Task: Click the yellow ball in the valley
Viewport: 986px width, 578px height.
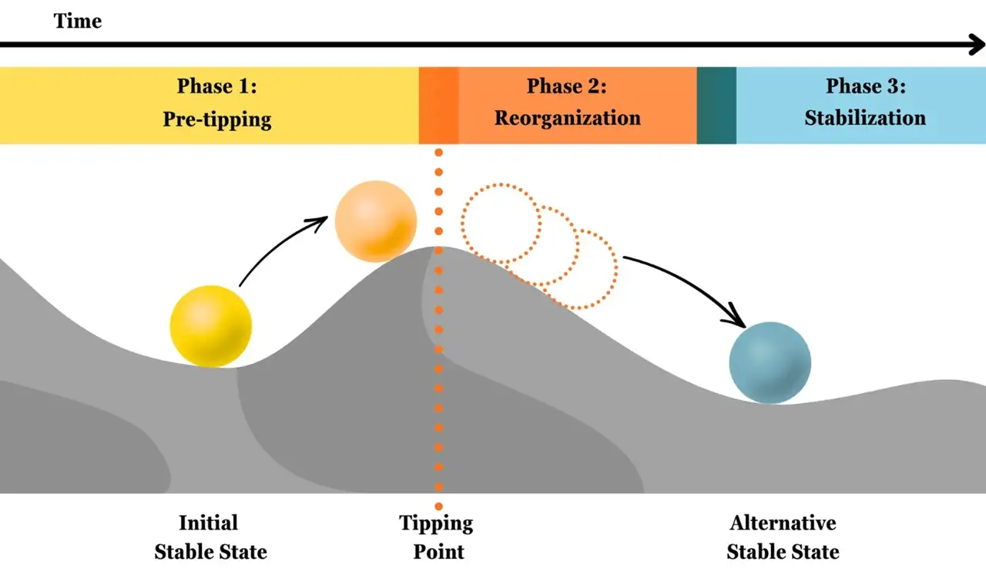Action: coord(211,327)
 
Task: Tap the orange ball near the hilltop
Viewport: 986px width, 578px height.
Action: coord(376,221)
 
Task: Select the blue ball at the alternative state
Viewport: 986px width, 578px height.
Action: coord(770,362)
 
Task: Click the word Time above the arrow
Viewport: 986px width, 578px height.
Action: coord(78,21)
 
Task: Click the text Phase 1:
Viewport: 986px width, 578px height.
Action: coord(217,86)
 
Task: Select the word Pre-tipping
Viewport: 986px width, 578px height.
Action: coord(217,119)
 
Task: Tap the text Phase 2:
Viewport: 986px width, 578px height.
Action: coord(567,86)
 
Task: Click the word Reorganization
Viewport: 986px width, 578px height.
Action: coord(568,119)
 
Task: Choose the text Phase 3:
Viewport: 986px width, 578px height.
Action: coord(866,86)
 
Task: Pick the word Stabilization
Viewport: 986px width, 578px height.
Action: coord(865,118)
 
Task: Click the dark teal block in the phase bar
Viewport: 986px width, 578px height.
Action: coord(716,106)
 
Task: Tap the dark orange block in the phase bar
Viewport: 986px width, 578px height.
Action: coord(439,106)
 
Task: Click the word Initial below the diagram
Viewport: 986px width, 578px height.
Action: coord(209,523)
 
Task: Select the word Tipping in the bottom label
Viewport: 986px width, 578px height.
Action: coord(436,524)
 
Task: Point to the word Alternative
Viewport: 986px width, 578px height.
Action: coord(783,523)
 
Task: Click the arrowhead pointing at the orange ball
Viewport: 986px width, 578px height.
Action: coord(320,221)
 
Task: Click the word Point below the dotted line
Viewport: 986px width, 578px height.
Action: coord(439,552)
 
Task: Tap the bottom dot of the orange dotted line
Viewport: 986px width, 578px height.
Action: coord(438,506)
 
